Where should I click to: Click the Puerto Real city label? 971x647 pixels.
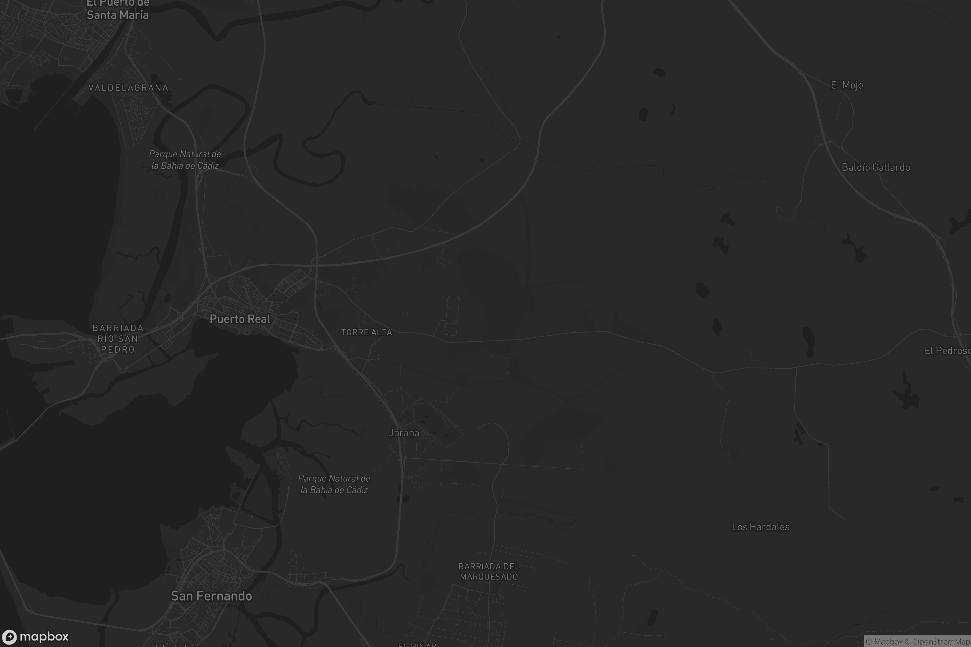click(x=240, y=319)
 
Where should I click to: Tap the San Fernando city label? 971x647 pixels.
click(x=211, y=596)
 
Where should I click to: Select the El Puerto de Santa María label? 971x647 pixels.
click(x=118, y=9)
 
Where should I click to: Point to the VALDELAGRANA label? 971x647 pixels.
click(x=128, y=88)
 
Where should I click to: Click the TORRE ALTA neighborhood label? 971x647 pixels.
click(x=367, y=332)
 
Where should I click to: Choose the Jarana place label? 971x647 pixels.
click(x=404, y=433)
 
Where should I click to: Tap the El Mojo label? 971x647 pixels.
click(x=847, y=85)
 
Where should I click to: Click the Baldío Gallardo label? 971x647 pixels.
click(x=876, y=167)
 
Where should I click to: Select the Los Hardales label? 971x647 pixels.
click(x=761, y=527)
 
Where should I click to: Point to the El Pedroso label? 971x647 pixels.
click(x=947, y=351)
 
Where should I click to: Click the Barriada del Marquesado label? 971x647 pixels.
click(x=489, y=571)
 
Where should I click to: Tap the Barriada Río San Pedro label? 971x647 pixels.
click(x=118, y=339)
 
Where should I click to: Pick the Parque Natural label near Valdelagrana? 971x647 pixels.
click(x=185, y=160)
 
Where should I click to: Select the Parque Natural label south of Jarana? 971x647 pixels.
click(x=334, y=484)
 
